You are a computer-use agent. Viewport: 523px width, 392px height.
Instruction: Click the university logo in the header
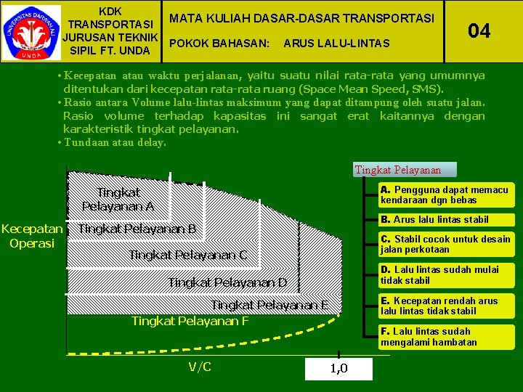pyautogui.click(x=31, y=32)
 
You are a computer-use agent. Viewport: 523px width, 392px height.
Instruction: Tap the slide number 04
pyautogui.click(x=479, y=30)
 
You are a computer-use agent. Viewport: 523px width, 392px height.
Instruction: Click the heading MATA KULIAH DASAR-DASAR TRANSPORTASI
pyautogui.click(x=301, y=17)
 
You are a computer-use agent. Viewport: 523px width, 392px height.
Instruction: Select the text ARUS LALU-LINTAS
pyautogui.click(x=336, y=44)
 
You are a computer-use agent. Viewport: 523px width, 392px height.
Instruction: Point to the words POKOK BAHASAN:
pyautogui.click(x=219, y=44)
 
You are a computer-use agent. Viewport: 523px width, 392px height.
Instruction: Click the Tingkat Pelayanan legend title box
pyautogui.click(x=398, y=170)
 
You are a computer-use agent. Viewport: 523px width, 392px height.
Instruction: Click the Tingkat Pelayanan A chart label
pyautogui.click(x=118, y=199)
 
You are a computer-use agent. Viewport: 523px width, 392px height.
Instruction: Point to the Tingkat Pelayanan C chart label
pyautogui.click(x=187, y=255)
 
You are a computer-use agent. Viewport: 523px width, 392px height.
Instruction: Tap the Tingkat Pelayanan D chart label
pyautogui.click(x=227, y=282)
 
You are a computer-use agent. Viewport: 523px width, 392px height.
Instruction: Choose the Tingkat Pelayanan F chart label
pyautogui.click(x=190, y=321)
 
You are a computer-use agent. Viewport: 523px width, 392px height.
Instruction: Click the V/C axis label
pyautogui.click(x=200, y=367)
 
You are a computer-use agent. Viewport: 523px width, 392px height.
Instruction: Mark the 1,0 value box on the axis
pyautogui.click(x=338, y=369)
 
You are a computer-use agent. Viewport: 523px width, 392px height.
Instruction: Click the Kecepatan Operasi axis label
pyautogui.click(x=33, y=236)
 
